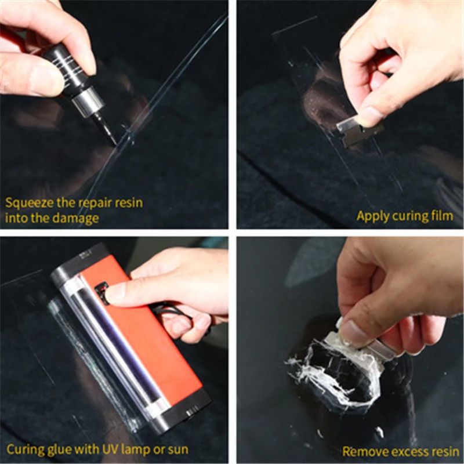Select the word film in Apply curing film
[441, 216]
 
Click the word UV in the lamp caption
[97, 449]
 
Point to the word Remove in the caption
[362, 451]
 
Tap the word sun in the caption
[177, 449]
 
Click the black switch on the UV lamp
[102, 293]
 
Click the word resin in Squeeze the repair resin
[126, 204]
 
